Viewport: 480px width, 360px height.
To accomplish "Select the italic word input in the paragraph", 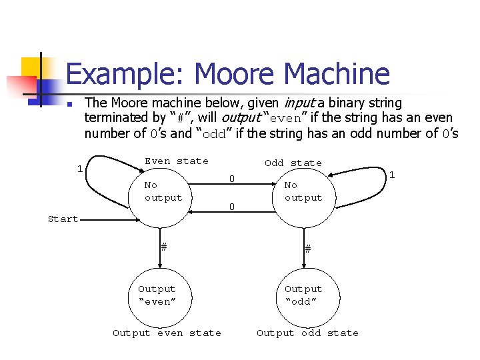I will point(299,103).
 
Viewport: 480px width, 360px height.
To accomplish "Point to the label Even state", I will point(176,161).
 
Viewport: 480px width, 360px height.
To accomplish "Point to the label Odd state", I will point(293,163).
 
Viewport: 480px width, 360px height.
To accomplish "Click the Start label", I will point(63,219).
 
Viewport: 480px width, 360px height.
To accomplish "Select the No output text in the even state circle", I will point(163,191).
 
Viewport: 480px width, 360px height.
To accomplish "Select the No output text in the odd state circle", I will point(303,191).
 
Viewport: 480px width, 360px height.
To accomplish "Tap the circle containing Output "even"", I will point(157,295).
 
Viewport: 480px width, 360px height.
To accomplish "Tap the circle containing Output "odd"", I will point(303,295).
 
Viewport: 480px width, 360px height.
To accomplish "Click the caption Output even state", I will point(167,333).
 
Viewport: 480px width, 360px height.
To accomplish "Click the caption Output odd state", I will point(307,333).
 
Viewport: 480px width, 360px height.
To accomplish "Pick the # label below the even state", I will point(163,246).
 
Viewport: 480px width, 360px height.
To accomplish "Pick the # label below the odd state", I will point(307,248).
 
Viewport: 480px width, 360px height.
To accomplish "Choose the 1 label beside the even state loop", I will point(79,169).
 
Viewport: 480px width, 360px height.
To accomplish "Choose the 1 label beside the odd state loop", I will point(392,175).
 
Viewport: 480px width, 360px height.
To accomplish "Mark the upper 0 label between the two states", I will point(231,179).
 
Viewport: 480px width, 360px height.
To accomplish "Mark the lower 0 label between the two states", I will point(231,207).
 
